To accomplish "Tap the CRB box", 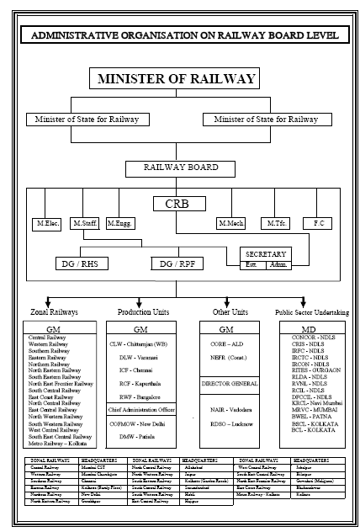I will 178,203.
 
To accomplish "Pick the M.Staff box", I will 85,224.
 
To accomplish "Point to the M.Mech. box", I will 230,224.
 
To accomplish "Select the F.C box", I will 319,224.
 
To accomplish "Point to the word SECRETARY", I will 266,253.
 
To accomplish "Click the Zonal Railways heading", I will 54,311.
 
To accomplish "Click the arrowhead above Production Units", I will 142,301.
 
